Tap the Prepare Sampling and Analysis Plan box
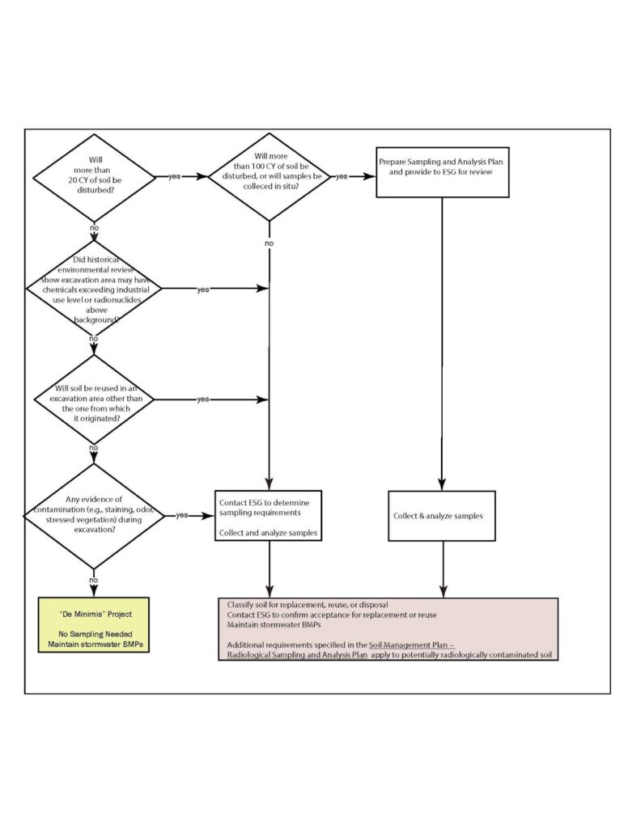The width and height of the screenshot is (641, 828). click(442, 172)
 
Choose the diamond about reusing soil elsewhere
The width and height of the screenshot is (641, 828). click(94, 399)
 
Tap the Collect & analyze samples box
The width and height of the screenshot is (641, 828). click(442, 516)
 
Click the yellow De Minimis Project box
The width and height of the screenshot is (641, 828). click(96, 625)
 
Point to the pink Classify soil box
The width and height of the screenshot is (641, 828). click(388, 629)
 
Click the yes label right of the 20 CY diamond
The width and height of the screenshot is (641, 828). click(174, 177)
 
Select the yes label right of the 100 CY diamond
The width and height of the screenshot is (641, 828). click(342, 176)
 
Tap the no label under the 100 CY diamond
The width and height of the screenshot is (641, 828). click(268, 243)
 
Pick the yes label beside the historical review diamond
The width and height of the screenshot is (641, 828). click(203, 289)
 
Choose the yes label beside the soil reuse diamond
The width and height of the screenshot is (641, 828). click(203, 399)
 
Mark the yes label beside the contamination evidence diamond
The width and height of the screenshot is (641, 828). click(183, 515)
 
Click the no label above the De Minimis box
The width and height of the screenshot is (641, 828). click(94, 580)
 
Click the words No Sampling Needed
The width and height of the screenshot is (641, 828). click(96, 633)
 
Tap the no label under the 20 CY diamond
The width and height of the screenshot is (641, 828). click(94, 229)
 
